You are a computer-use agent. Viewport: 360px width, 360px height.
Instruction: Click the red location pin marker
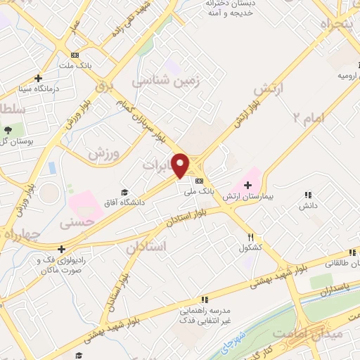tap(181, 165)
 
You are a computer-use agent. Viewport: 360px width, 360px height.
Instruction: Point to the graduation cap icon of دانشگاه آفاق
tap(124, 192)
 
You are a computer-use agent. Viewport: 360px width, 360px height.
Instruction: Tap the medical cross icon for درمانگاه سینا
tap(38, 78)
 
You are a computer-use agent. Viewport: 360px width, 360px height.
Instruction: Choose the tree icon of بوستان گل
tap(8, 129)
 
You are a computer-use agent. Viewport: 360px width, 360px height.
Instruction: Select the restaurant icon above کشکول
tap(250, 238)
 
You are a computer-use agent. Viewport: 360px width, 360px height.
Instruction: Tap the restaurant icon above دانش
tap(307, 195)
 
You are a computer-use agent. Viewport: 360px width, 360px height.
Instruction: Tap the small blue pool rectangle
tap(53, 169)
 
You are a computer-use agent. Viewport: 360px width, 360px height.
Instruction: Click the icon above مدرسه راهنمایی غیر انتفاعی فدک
tap(203, 300)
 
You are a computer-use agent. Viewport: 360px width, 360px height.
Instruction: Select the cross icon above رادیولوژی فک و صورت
tap(62, 249)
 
